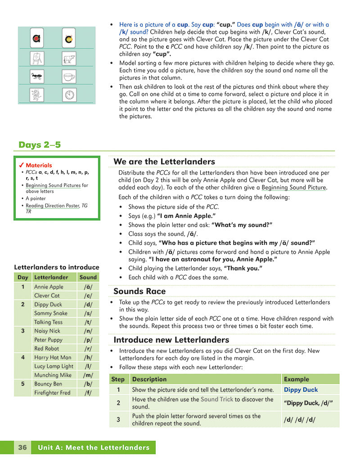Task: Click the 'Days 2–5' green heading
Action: tap(40, 145)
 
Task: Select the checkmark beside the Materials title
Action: tap(21, 165)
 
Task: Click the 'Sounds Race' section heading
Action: tap(139, 291)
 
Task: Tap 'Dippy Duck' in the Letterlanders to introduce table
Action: tap(48, 304)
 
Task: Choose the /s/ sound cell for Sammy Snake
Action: tap(88, 313)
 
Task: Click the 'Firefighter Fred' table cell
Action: tap(52, 393)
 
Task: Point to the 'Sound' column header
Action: tap(88, 277)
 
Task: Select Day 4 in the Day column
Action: tap(22, 357)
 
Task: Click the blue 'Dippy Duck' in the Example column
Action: tap(301, 390)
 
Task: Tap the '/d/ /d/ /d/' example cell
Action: tap(300, 420)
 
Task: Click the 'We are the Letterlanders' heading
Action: tap(164, 162)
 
